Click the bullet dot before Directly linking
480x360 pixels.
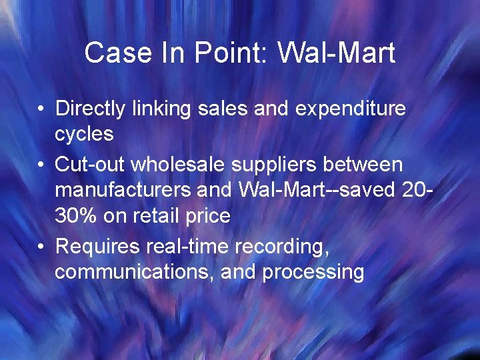[41, 109]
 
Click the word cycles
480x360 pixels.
[84, 134]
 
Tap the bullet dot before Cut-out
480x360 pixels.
[41, 163]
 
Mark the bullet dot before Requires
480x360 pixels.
[41, 246]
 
